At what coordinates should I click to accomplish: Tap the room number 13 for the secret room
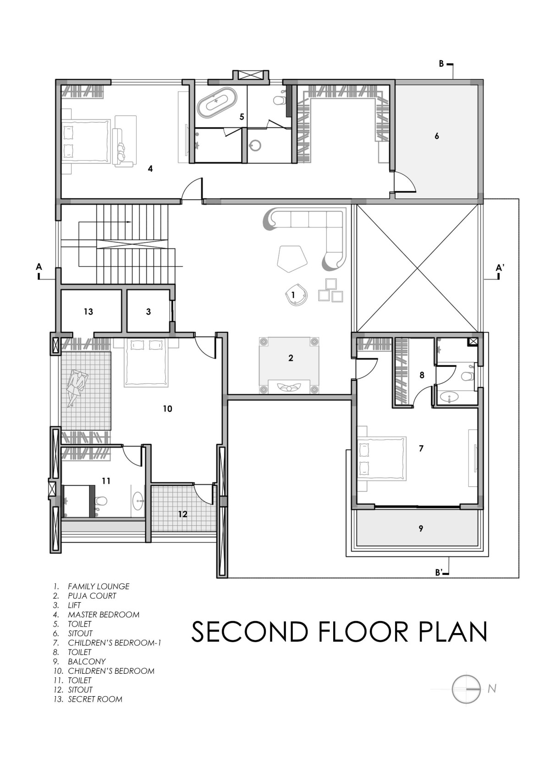[x=88, y=312]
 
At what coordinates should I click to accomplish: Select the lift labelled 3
[x=148, y=311]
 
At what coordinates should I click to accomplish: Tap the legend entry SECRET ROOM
[x=95, y=699]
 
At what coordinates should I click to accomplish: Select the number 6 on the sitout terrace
[x=437, y=136]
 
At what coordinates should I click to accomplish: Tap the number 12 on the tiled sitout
[x=183, y=514]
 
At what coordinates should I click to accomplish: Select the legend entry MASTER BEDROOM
[x=104, y=615]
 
